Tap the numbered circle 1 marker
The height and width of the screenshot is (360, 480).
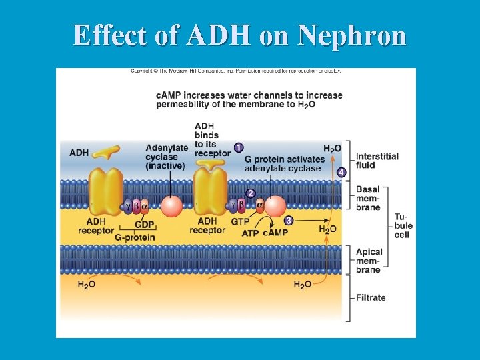239,147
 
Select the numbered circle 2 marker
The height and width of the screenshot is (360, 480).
251,193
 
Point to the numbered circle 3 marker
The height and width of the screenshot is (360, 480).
289,220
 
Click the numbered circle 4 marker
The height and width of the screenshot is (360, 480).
342,173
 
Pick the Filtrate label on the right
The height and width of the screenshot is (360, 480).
371,297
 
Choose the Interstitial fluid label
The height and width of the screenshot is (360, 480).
377,161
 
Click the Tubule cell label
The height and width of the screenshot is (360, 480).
403,225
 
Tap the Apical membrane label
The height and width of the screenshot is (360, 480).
369,261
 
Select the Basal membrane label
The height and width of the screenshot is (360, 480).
368,198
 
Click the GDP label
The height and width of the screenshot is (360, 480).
144,225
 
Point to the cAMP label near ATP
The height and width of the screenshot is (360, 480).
275,233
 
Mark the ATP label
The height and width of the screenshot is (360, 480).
250,233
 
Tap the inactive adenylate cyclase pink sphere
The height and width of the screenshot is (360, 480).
172,206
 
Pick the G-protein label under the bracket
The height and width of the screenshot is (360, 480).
135,237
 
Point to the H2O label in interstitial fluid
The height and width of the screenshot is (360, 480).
332,149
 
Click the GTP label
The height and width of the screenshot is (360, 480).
240,221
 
